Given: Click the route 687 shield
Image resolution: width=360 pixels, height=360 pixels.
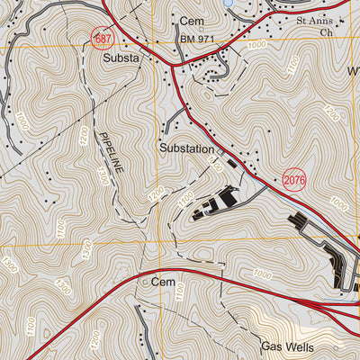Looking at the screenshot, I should point(103,38).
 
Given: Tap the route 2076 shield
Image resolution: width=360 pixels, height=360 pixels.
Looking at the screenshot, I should point(294,180).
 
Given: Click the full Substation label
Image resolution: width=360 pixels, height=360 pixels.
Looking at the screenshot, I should point(187,148).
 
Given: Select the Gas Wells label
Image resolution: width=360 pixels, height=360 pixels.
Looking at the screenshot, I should point(286,346).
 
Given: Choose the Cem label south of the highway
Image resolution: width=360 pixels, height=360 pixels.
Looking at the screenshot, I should point(163,282).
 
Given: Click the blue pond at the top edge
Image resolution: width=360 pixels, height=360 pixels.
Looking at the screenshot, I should point(228,3).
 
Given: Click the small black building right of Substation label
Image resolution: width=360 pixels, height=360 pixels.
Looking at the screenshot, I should point(232,165).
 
